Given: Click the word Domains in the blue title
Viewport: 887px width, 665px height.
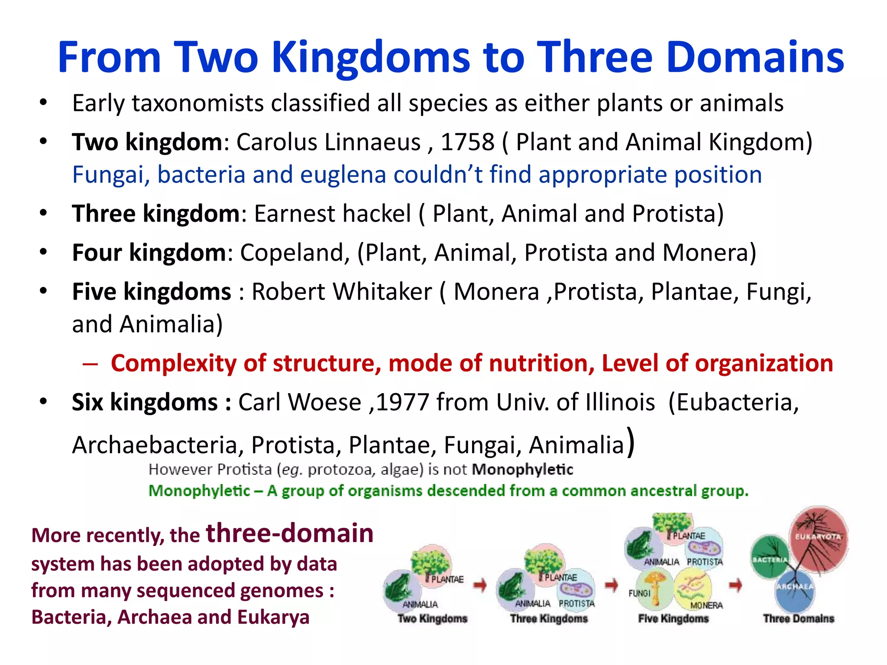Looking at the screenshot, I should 755,57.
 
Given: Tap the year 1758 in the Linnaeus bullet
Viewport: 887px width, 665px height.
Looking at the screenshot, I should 467,142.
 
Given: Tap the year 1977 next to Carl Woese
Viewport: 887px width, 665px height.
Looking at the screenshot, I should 402,402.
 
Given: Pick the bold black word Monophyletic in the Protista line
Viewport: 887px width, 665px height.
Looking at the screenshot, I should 522,469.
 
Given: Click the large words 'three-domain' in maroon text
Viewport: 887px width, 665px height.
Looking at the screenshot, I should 289,533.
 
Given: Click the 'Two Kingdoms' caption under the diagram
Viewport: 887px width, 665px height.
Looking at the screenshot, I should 432,618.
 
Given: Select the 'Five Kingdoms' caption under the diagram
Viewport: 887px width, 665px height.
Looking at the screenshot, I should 673,618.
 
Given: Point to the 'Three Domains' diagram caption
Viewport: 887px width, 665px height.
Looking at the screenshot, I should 798,618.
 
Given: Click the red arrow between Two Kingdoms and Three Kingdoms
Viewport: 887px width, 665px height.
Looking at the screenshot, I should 480,585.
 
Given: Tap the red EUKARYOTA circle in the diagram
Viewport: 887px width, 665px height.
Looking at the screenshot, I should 818,537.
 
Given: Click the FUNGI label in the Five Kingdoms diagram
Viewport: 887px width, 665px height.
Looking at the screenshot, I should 640,593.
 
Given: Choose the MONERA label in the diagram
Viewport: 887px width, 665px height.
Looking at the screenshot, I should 706,605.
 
